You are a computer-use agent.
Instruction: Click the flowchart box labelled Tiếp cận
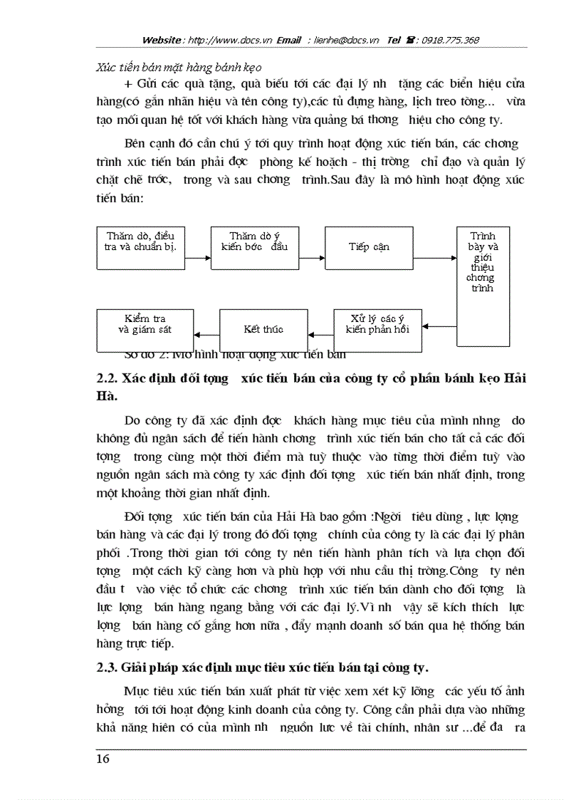pyautogui.click(x=369, y=247)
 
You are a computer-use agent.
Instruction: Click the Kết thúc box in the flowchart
pyautogui.click(x=263, y=329)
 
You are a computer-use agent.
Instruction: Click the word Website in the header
pyautogui.click(x=162, y=40)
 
